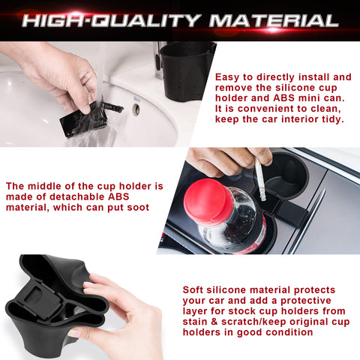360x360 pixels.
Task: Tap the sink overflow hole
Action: pyautogui.click(x=136, y=109)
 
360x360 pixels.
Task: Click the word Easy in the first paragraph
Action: pyautogui.click(x=228, y=77)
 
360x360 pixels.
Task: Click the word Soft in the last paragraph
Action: pyautogui.click(x=196, y=289)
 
